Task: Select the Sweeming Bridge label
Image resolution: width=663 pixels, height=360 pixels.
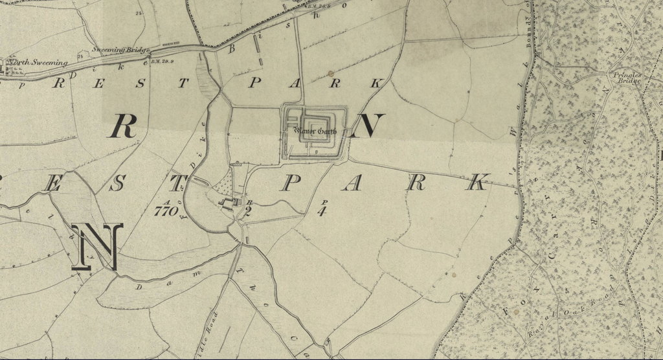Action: click(x=120, y=50)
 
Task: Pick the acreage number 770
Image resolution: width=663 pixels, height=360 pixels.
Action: click(x=166, y=211)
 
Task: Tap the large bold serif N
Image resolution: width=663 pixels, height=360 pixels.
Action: click(x=98, y=247)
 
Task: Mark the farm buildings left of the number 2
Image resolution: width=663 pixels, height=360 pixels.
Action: click(x=228, y=205)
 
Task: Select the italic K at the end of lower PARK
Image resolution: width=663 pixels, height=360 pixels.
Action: click(x=478, y=183)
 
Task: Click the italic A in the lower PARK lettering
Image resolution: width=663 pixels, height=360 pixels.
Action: click(x=352, y=183)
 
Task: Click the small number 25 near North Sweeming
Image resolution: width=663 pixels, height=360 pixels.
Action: click(x=80, y=57)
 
